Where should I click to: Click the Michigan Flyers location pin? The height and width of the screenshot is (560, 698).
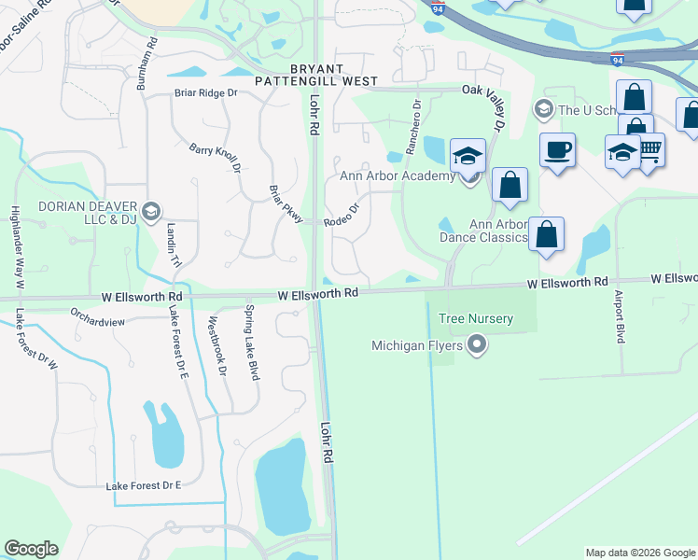(x=478, y=345)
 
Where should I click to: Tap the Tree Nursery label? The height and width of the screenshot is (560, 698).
(x=477, y=319)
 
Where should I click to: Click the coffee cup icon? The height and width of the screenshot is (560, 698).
(x=557, y=149)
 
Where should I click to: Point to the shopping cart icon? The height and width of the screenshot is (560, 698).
(x=648, y=148)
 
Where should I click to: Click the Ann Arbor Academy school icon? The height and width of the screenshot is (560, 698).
(x=468, y=155)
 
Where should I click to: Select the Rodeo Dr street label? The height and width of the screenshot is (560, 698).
(x=342, y=216)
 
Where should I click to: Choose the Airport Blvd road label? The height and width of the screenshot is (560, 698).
(x=620, y=316)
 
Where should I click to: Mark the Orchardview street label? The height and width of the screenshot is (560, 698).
(x=97, y=322)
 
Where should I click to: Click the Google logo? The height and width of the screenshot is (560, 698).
(x=31, y=549)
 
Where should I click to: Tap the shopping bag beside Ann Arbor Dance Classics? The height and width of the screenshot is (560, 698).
(x=547, y=233)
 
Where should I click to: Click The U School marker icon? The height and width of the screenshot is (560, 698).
(x=541, y=110)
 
